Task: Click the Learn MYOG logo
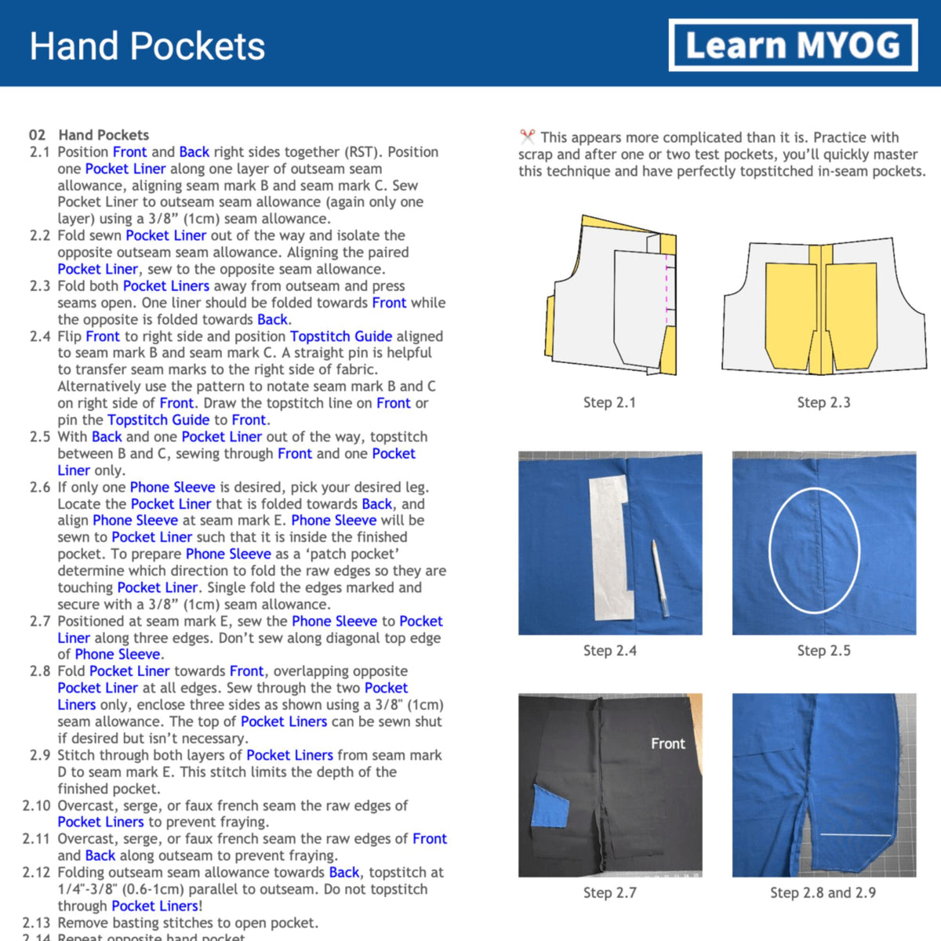793,45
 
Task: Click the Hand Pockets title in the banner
147,46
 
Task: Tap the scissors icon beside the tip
527,137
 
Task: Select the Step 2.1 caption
609,402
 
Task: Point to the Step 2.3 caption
823,402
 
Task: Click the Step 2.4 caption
609,650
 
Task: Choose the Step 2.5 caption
823,650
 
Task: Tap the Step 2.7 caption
609,892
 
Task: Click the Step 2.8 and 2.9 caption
823,892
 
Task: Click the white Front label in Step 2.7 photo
667,743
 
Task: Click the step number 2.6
40,487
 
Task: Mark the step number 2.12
36,872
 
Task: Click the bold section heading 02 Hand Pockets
89,135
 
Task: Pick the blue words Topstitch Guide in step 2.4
341,336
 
